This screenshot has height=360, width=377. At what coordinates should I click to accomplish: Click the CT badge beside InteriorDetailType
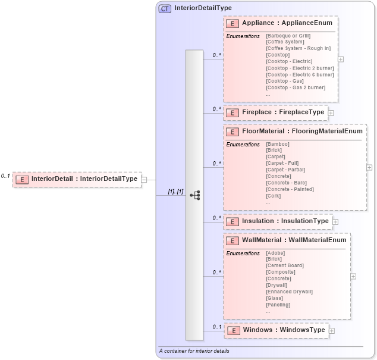(x=165, y=8)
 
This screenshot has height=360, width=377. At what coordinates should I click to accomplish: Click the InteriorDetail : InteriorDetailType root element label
(x=84, y=179)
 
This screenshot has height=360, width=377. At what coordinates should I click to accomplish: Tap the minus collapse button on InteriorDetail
(x=144, y=179)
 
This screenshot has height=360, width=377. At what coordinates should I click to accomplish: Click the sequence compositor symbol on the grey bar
(x=194, y=195)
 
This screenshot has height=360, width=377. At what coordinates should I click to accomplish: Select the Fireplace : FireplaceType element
(x=282, y=112)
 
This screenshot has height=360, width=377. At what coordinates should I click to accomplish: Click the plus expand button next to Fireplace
(x=331, y=112)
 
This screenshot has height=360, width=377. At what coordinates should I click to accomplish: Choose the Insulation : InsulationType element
(x=285, y=221)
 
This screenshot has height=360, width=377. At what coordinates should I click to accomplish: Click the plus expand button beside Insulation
(x=335, y=222)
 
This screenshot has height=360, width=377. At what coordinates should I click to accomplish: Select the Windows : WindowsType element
(x=284, y=330)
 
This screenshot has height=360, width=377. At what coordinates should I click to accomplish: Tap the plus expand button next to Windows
(x=332, y=331)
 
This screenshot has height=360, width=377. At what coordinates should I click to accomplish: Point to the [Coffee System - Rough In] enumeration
(x=298, y=48)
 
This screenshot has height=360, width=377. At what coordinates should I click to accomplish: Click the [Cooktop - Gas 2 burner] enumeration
(x=296, y=87)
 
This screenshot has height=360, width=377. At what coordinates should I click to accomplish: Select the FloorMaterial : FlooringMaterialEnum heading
(x=302, y=132)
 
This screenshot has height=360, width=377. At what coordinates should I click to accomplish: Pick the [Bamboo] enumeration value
(x=278, y=144)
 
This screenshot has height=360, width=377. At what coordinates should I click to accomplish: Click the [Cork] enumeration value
(x=274, y=196)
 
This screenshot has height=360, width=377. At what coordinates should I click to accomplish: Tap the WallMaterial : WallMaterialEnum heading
(x=294, y=240)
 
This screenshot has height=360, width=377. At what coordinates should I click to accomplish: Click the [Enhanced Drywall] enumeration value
(x=289, y=292)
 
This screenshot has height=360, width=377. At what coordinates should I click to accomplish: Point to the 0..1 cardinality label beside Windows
(x=217, y=327)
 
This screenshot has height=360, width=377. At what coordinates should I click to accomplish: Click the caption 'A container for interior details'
(x=194, y=351)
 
